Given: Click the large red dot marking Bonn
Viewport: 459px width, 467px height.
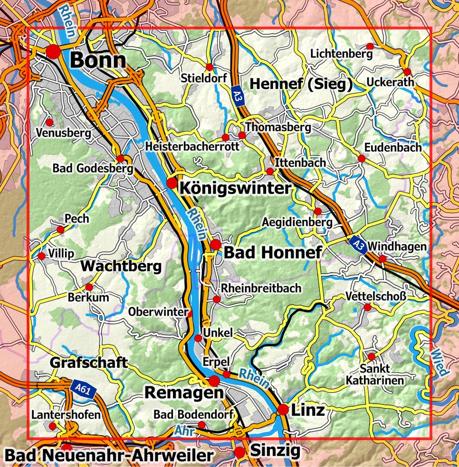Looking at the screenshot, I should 53,52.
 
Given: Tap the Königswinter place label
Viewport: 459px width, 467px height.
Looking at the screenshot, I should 235,188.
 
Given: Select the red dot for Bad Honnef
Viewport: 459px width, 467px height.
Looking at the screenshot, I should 215,245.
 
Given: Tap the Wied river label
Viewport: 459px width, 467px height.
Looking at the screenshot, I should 436,363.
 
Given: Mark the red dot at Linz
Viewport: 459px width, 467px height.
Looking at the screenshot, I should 284,409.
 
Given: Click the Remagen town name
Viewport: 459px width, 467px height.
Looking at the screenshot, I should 183,392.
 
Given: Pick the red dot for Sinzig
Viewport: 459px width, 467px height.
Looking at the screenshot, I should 240,452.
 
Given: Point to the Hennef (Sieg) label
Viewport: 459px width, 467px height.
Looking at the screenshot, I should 300,84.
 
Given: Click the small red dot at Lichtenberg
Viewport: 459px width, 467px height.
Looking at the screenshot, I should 369,46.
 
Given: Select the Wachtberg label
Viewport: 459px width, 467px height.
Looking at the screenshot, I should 121,266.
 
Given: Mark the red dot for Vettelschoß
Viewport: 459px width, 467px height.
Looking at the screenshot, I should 367,308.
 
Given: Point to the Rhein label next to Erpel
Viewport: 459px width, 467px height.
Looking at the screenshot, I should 254,377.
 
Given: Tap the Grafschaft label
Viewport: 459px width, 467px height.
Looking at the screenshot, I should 89,363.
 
